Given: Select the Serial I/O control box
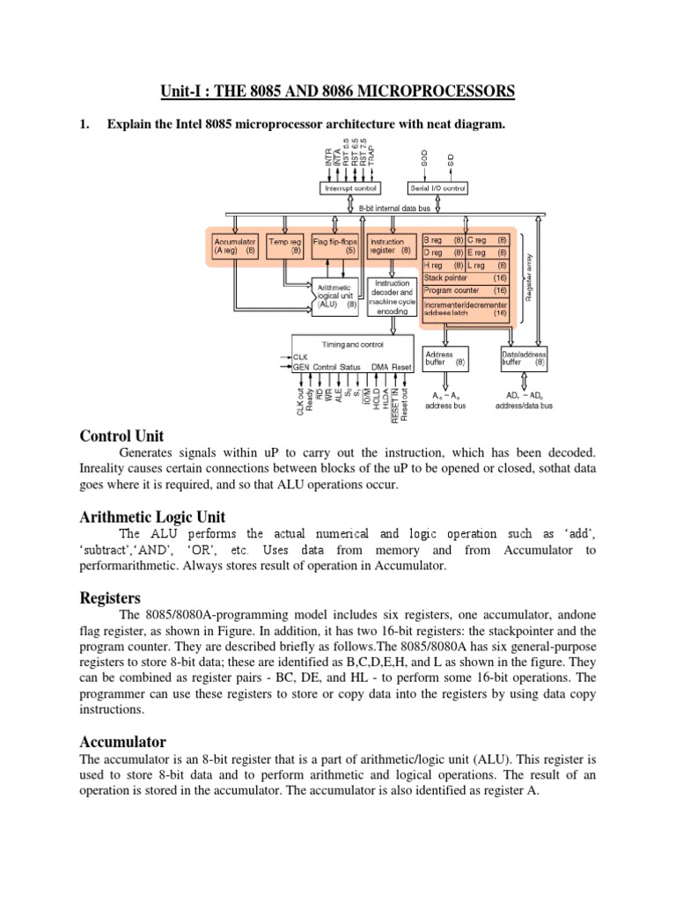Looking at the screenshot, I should coord(437,187).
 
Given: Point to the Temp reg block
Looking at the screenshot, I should coord(284,245).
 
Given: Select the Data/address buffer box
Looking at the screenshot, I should coord(524,356).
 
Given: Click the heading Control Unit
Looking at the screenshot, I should coord(121,436).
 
